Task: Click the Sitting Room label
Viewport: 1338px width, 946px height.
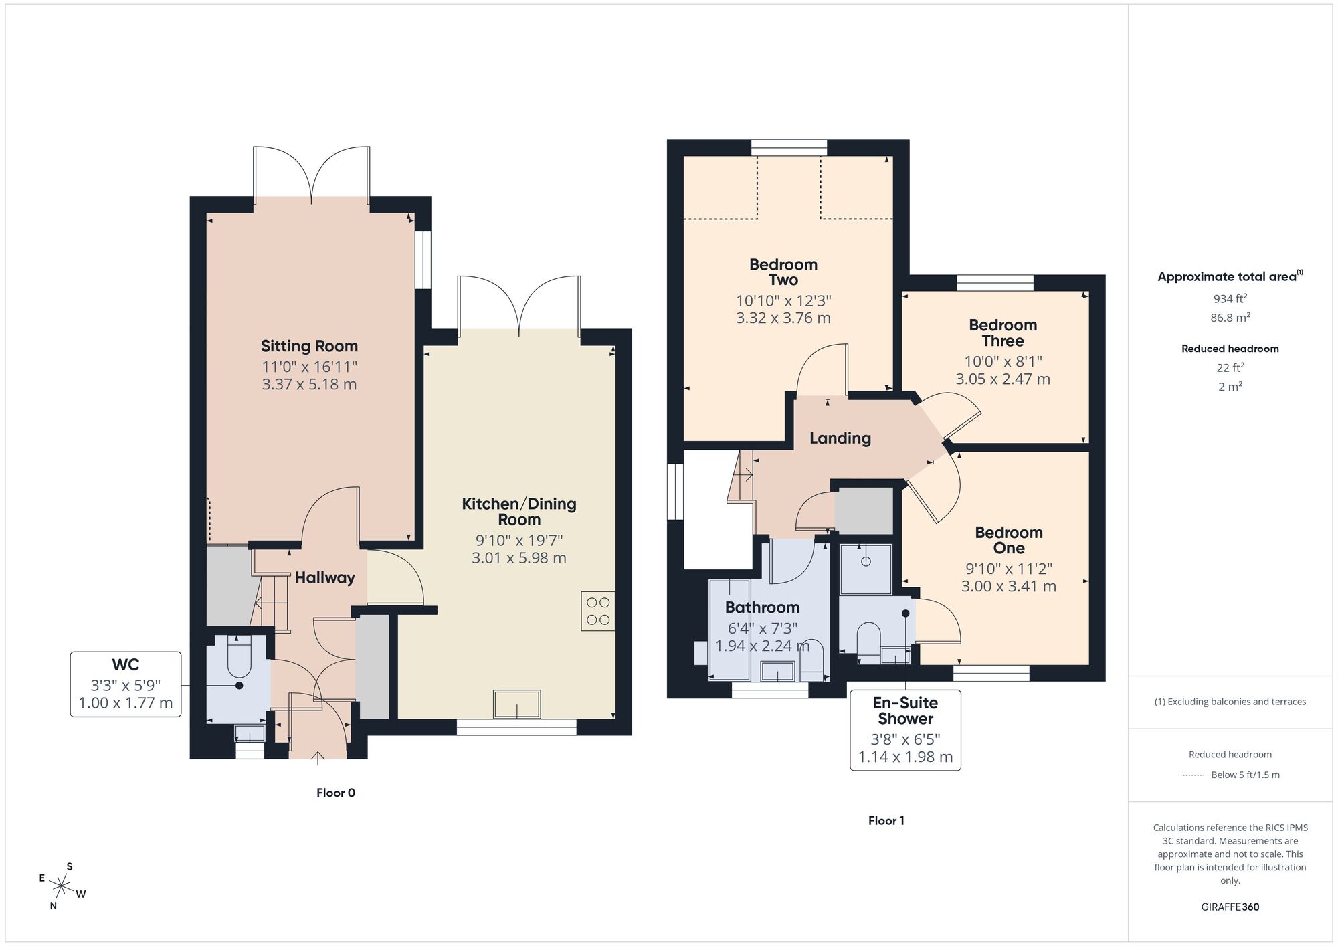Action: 309,346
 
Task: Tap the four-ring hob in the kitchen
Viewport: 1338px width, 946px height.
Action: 597,611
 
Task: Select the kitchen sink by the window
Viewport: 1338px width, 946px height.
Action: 516,704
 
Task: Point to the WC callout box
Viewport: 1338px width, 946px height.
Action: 126,684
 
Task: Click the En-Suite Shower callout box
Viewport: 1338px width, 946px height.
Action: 905,730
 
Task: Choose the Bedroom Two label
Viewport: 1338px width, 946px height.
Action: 783,272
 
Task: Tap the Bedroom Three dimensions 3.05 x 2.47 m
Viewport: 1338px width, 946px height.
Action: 1002,379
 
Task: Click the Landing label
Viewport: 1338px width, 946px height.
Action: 840,438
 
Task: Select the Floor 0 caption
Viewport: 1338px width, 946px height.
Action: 336,793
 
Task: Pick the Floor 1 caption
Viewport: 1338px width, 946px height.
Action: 886,820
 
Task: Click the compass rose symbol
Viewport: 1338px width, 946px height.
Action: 62,887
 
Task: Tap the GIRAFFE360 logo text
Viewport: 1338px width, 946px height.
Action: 1230,907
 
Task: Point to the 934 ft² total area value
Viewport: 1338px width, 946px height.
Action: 1230,299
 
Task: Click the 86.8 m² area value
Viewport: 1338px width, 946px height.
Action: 1230,318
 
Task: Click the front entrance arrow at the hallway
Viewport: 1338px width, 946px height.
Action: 318,757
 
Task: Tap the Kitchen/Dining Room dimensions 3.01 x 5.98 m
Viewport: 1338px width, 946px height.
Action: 518,558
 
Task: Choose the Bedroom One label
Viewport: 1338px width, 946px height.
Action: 1008,540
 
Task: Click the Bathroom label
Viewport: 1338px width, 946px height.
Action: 762,607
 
